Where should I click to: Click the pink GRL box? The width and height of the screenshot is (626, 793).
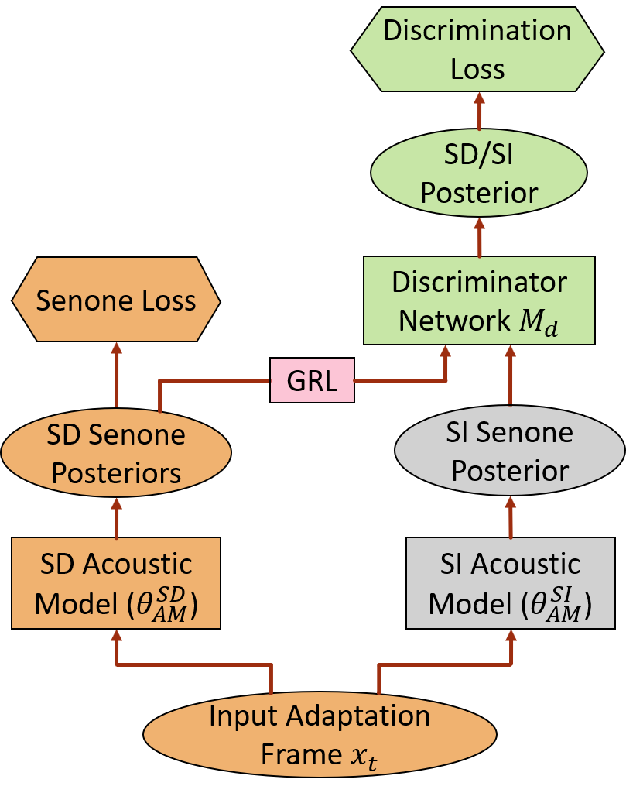click(x=312, y=380)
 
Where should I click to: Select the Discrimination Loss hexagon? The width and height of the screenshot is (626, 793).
click(x=477, y=50)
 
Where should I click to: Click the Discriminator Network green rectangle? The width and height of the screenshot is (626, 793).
click(x=479, y=300)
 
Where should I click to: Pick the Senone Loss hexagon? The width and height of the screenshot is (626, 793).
click(x=116, y=300)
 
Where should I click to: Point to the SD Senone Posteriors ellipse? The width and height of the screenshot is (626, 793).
click(x=116, y=454)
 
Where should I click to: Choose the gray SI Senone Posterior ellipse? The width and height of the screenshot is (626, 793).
click(x=509, y=452)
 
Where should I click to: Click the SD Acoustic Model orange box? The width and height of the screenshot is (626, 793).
click(x=116, y=582)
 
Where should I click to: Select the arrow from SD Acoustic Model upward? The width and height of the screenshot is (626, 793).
click(x=117, y=518)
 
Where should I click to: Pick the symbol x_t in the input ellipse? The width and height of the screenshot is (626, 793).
click(x=364, y=754)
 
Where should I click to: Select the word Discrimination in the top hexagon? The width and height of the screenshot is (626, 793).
click(x=477, y=31)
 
